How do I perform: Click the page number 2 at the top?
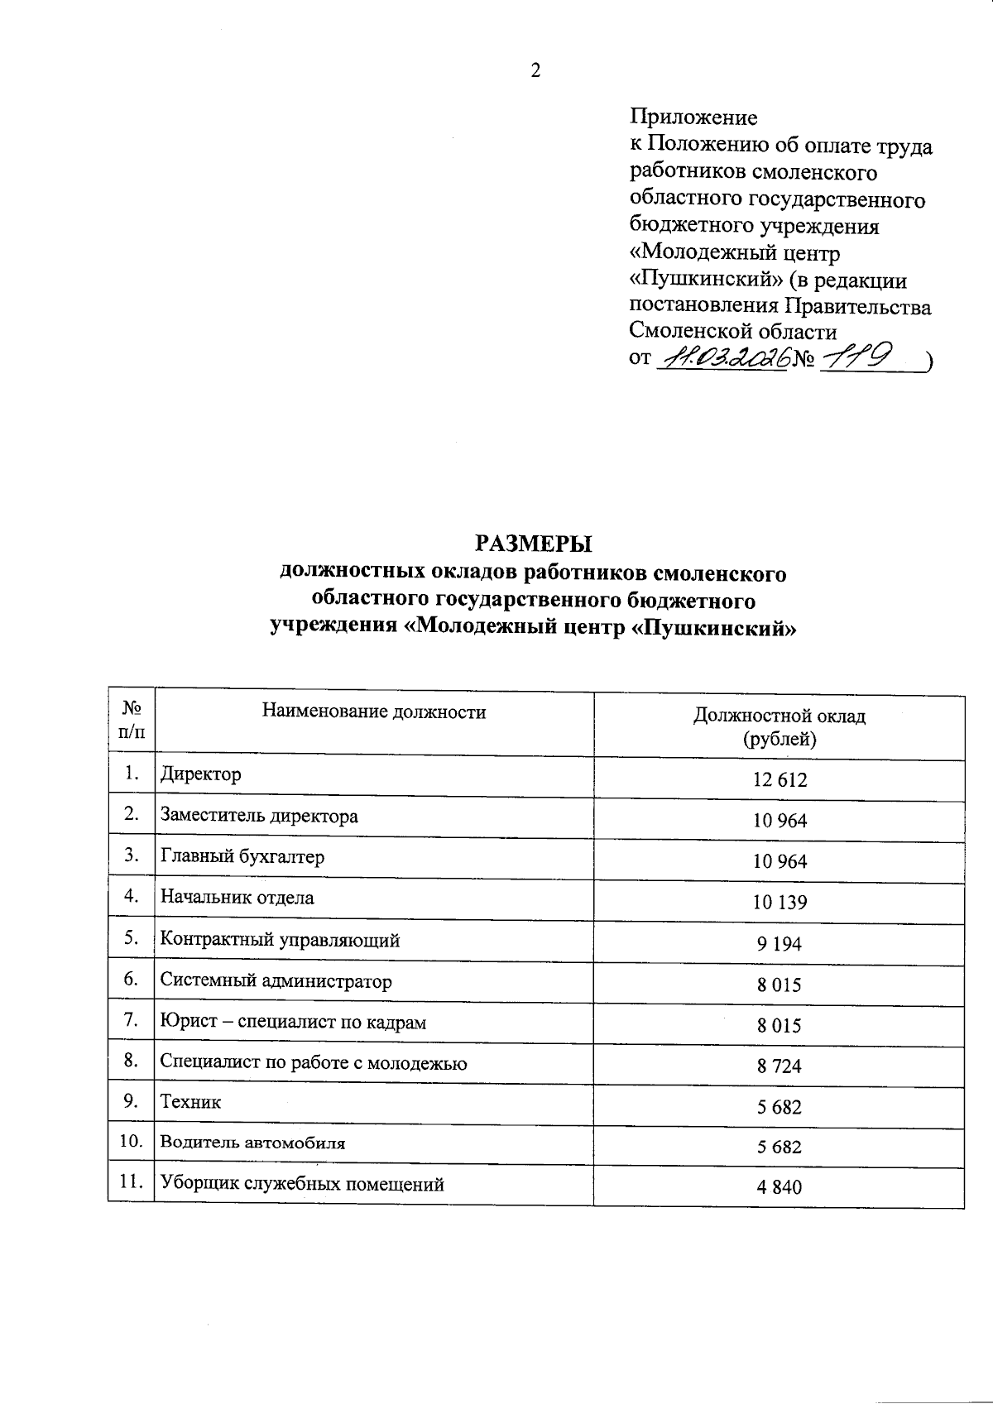(x=535, y=71)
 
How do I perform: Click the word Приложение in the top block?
(x=693, y=117)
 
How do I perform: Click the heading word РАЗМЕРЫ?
(x=534, y=544)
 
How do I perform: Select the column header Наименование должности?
(x=373, y=712)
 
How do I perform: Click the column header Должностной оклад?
(x=779, y=716)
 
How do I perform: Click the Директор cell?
(x=201, y=774)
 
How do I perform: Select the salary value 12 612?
(x=779, y=779)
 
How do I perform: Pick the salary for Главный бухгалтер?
(x=779, y=861)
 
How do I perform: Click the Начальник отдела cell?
(x=237, y=898)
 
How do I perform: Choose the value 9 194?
(x=779, y=943)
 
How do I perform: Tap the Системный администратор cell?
(x=276, y=981)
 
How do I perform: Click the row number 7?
(x=130, y=1020)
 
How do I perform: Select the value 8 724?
(x=779, y=1066)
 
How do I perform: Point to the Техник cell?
(x=190, y=1102)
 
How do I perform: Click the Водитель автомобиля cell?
(x=252, y=1143)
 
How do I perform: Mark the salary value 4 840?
(x=779, y=1188)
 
